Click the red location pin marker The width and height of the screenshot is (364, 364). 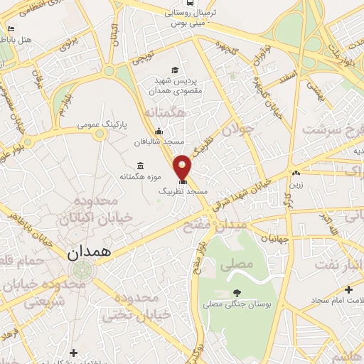(x=182, y=166)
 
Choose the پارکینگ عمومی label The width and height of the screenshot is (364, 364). (x=102, y=124)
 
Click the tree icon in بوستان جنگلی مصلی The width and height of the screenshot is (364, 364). (x=237, y=292)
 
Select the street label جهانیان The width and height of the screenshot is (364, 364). (x=275, y=239)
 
